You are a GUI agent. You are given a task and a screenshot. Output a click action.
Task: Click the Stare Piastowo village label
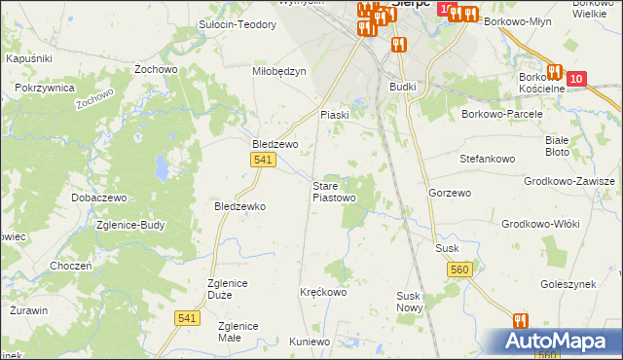[334, 191]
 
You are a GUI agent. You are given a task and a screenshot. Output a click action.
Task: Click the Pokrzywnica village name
[46, 88]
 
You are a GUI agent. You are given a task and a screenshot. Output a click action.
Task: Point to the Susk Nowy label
[410, 301]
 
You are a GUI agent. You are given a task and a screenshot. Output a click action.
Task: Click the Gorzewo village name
[449, 193]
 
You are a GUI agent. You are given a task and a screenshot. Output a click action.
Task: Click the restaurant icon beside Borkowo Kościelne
[555, 71]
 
